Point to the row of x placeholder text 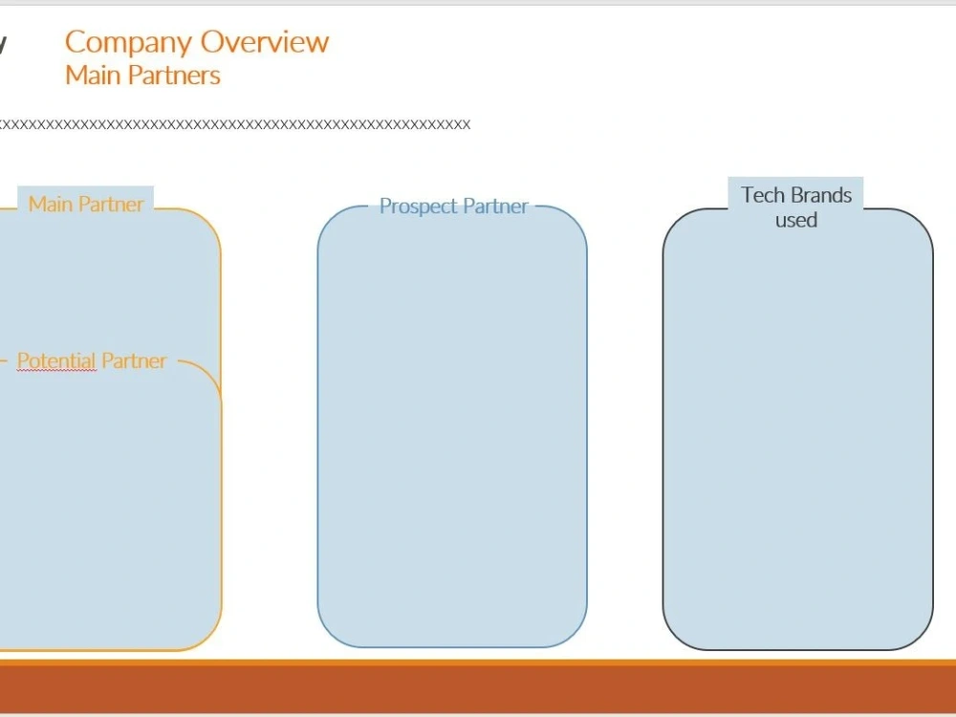pos(235,124)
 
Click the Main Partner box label pos(86,204)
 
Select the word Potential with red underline pos(56,361)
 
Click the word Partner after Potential pos(134,360)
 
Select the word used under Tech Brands pos(796,220)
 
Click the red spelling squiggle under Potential pos(56,370)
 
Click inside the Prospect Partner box pos(452,426)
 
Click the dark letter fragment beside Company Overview pos(3,44)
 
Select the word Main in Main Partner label pos(52,204)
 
